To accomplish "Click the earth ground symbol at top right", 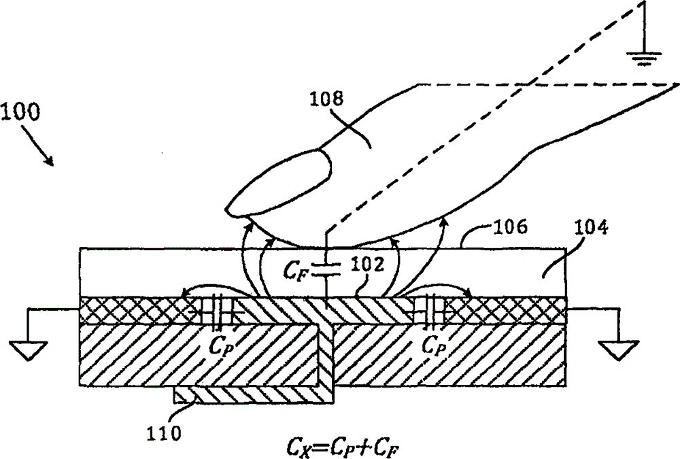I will [640, 57].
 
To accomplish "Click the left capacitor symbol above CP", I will [219, 309].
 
